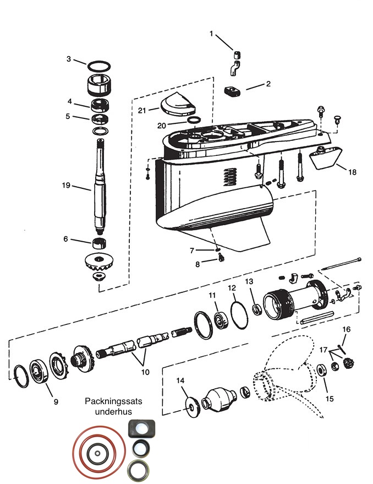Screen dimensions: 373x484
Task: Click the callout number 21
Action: coord(141,110)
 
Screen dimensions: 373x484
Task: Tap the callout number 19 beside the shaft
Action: coord(67,185)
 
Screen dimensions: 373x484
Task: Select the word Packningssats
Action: coord(113,401)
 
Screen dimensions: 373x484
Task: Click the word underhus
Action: coord(113,411)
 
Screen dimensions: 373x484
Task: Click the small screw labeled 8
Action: coord(221,257)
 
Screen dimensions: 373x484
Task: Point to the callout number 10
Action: coord(145,372)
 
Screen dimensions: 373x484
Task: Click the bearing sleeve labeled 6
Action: coord(100,244)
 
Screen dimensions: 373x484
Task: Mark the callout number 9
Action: coord(56,401)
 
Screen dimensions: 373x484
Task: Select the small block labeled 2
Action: coord(232,91)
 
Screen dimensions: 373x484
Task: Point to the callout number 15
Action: coord(330,399)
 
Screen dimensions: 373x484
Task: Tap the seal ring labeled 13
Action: coord(257,309)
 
